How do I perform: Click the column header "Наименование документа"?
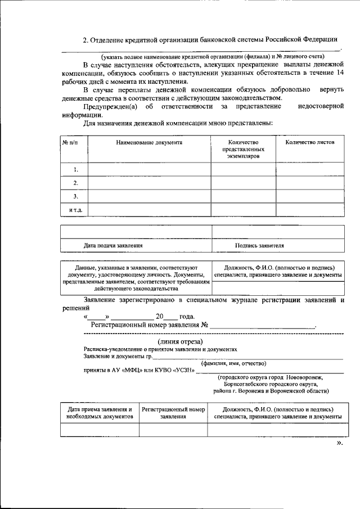pos(149,143)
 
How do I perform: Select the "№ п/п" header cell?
pos(70,143)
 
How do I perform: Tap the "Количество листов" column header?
pos(309,143)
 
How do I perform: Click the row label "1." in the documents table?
pos(75,169)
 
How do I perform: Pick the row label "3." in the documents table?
pos(75,196)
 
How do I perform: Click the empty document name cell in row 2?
pos(149,183)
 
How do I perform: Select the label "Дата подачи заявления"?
pos(112,246)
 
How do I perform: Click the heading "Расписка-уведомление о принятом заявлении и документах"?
pos(161,349)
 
